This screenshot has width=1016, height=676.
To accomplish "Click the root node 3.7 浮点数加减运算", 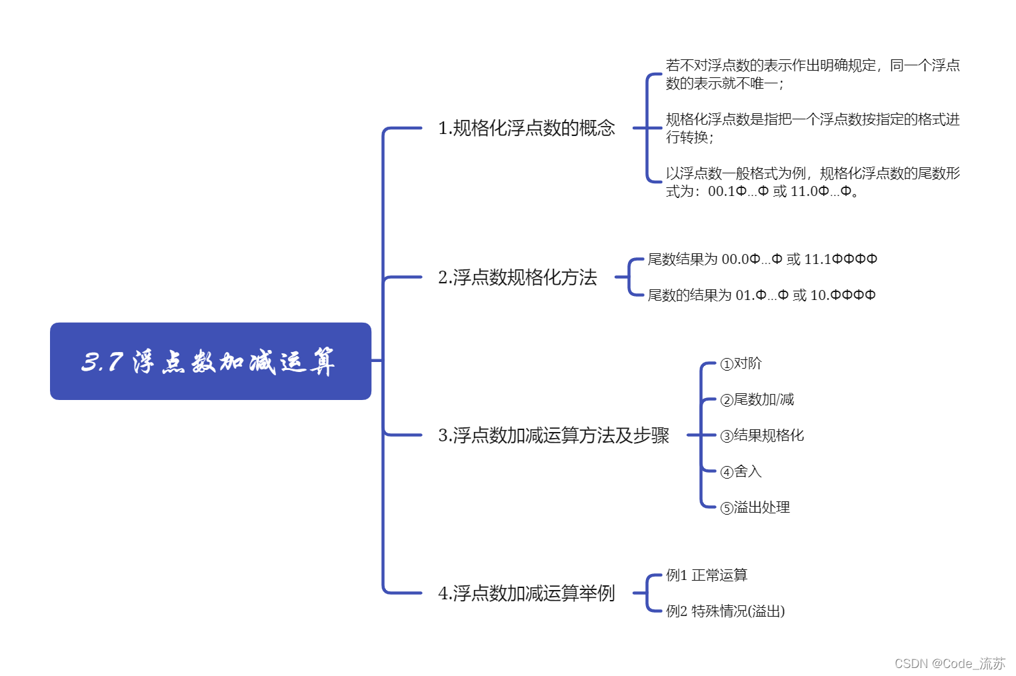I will click(x=210, y=361).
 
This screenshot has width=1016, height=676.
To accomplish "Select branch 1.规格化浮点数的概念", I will click(x=526, y=128).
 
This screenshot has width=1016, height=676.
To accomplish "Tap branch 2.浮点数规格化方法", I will click(x=517, y=277).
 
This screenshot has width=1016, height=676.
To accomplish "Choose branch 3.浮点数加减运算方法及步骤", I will click(x=553, y=435).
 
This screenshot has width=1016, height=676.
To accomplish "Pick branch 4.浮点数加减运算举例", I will click(x=526, y=593).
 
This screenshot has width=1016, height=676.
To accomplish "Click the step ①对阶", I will click(x=741, y=364).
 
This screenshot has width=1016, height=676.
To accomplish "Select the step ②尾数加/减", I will click(x=757, y=400).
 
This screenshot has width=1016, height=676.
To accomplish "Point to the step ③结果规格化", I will click(x=762, y=436).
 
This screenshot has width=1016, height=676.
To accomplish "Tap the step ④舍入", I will click(x=741, y=472).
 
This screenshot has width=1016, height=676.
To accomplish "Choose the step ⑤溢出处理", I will click(x=755, y=508).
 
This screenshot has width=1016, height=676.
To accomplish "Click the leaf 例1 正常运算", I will click(x=707, y=575).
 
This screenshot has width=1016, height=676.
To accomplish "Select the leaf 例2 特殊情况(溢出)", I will click(x=725, y=611).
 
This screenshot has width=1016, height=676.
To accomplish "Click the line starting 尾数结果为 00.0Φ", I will click(x=762, y=259).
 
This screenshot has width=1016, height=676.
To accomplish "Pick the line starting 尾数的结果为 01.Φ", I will click(x=761, y=295).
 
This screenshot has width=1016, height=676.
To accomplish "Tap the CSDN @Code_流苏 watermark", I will click(x=949, y=663).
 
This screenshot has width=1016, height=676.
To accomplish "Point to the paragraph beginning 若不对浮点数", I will click(x=812, y=74).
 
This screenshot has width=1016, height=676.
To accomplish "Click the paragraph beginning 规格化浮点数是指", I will click(x=812, y=128).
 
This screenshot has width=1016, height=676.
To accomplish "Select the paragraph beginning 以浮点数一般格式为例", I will click(x=812, y=182).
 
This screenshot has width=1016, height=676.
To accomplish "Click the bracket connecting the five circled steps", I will click(x=701, y=435).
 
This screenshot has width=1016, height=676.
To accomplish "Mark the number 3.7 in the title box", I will click(x=102, y=362).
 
